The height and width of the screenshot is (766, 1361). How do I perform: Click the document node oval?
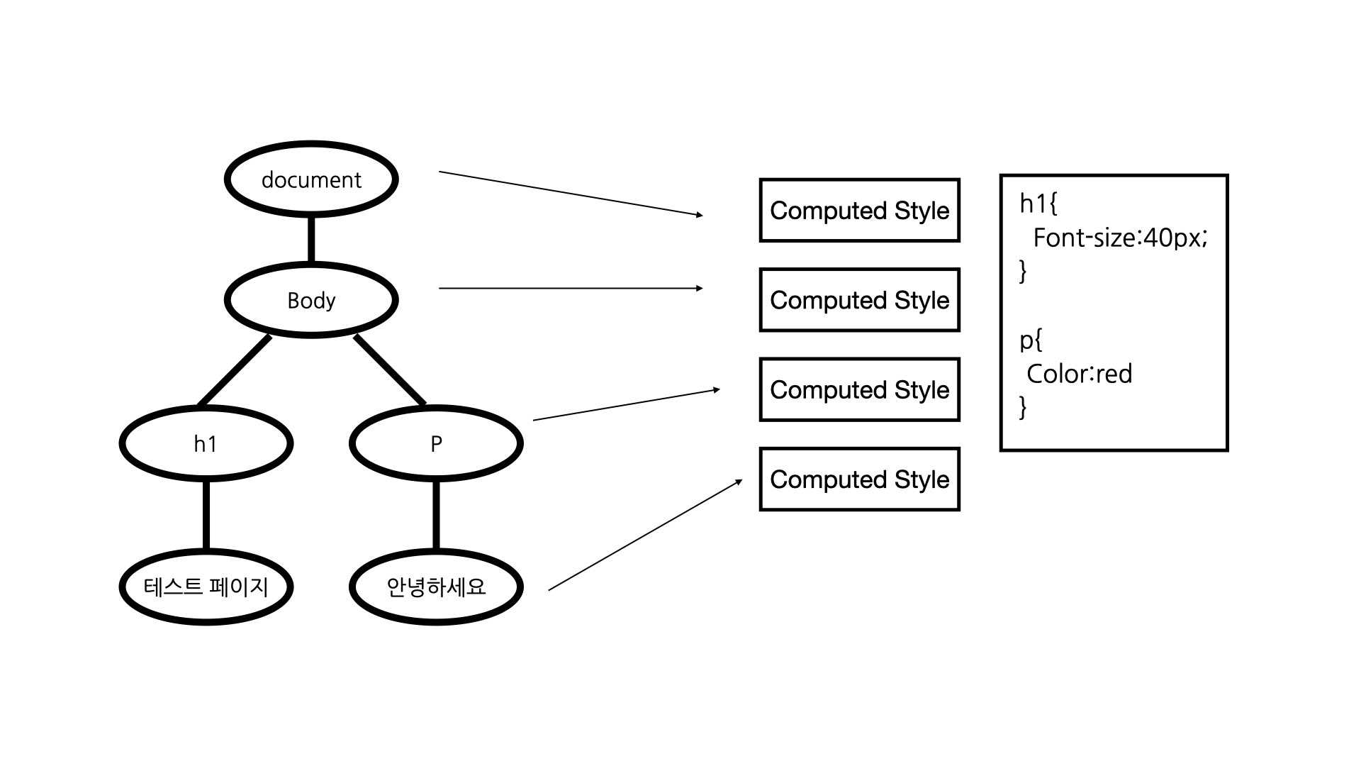(311, 179)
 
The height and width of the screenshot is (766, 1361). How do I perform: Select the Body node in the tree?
(311, 300)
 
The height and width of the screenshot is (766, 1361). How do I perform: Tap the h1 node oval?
(206, 444)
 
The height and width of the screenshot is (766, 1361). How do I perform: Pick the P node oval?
(436, 444)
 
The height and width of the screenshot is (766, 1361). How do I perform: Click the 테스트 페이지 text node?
(206, 587)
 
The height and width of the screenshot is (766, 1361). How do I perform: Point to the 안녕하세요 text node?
(436, 587)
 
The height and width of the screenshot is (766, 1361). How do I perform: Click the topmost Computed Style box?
(859, 211)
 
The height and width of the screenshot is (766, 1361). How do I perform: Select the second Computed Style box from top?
(859, 300)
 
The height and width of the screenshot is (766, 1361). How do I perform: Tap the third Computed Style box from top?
(859, 389)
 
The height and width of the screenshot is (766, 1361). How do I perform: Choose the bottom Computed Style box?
(859, 479)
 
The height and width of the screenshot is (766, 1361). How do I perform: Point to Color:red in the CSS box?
(1079, 374)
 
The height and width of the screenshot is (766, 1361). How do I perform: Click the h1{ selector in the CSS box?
(1038, 204)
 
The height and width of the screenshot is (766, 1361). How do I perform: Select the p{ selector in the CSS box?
(1031, 340)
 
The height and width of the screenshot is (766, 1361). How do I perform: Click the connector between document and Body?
(311, 240)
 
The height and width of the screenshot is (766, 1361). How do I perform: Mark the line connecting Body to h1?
(235, 370)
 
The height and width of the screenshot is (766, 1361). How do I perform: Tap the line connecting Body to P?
(390, 370)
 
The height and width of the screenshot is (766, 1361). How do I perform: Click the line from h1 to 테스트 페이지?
(206, 516)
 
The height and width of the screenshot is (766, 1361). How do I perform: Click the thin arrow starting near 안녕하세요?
(645, 535)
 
